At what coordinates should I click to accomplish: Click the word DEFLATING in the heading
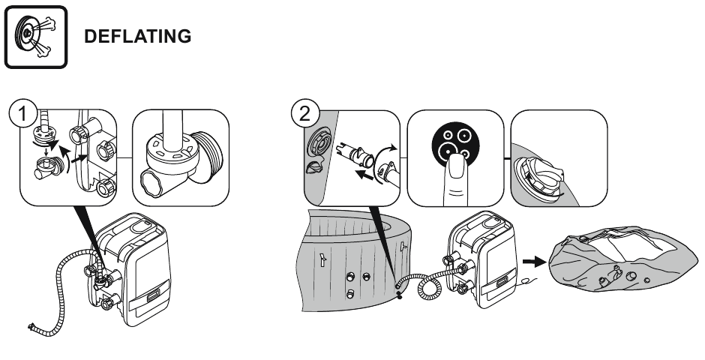coord(137,37)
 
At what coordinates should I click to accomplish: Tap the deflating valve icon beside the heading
coord(36,37)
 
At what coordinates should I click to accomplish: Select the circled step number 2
coord(305,114)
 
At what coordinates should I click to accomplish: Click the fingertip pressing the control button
coord(455,166)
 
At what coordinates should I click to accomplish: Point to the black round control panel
coord(455,145)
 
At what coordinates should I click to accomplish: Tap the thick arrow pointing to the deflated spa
coord(534,262)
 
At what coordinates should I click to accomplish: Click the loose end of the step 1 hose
coord(32,326)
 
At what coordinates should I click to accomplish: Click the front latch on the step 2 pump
coord(502,281)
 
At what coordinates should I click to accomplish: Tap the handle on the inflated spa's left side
coord(322,259)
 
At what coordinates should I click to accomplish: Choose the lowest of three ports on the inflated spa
coord(350,293)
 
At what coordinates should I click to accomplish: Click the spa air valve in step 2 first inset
coord(317,143)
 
